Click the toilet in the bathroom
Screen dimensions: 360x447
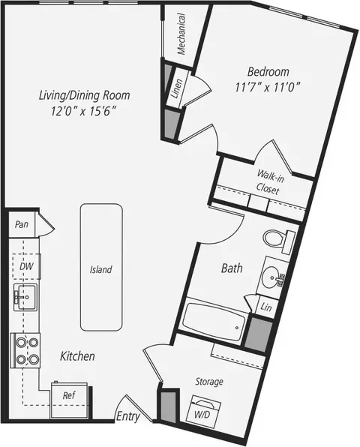click(x=279, y=240)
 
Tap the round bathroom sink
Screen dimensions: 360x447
click(x=273, y=276)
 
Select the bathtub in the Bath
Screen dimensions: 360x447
click(x=214, y=321)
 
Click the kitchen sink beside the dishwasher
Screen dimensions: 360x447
click(x=25, y=297)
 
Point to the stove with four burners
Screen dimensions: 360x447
click(x=25, y=350)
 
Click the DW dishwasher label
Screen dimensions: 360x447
click(x=26, y=266)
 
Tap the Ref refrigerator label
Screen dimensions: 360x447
click(x=69, y=395)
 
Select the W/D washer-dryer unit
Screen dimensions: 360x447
click(x=203, y=411)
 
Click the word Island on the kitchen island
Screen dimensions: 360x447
click(x=101, y=269)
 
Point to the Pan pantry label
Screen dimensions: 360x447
click(x=22, y=224)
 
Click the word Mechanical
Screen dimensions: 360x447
click(x=181, y=34)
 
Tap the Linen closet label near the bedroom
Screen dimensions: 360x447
click(x=176, y=88)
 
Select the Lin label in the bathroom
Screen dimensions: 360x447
click(x=266, y=307)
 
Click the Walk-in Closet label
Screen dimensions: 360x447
click(x=269, y=182)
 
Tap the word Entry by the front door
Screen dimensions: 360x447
click(x=128, y=416)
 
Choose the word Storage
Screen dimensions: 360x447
click(x=209, y=382)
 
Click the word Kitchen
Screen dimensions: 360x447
click(x=77, y=356)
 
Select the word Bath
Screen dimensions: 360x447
click(x=232, y=268)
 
